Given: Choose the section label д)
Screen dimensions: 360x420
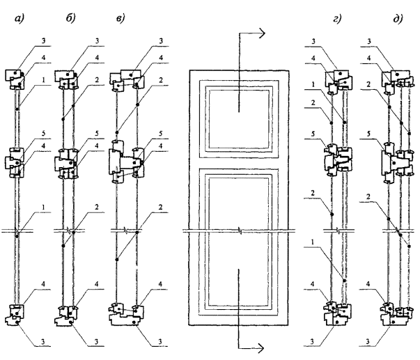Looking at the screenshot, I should point(380,20).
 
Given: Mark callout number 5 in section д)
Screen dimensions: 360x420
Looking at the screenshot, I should point(368,132).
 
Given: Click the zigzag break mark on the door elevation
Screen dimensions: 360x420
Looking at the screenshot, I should point(239,230).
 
